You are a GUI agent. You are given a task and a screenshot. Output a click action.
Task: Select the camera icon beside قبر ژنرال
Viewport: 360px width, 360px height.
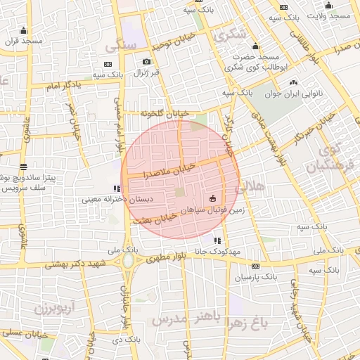146,63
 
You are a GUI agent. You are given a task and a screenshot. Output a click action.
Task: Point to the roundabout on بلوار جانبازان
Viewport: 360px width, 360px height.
128,262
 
